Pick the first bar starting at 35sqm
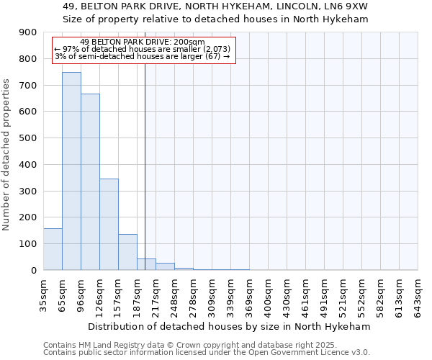pyautogui.click(x=53, y=249)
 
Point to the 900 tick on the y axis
pyautogui.click(x=28, y=32)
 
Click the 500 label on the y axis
pyautogui.click(x=28, y=138)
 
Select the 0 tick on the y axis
pyautogui.click(x=33, y=270)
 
